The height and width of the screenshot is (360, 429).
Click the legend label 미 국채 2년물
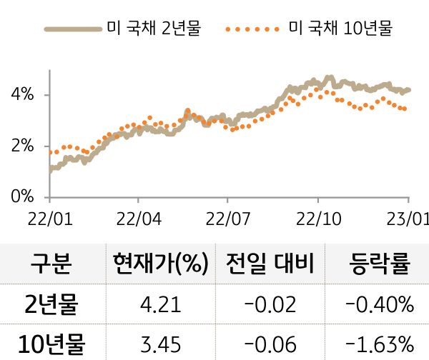coord(154,29)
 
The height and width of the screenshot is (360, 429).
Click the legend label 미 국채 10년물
coord(340,29)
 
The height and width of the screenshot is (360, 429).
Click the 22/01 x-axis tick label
coord(49,217)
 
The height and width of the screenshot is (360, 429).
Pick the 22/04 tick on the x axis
coord(139,217)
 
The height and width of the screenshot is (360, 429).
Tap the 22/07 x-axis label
coord(227,217)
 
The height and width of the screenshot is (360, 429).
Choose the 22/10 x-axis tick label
coord(317,217)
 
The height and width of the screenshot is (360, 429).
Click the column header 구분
coord(51,265)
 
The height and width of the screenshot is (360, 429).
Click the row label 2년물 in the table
coord(51,305)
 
